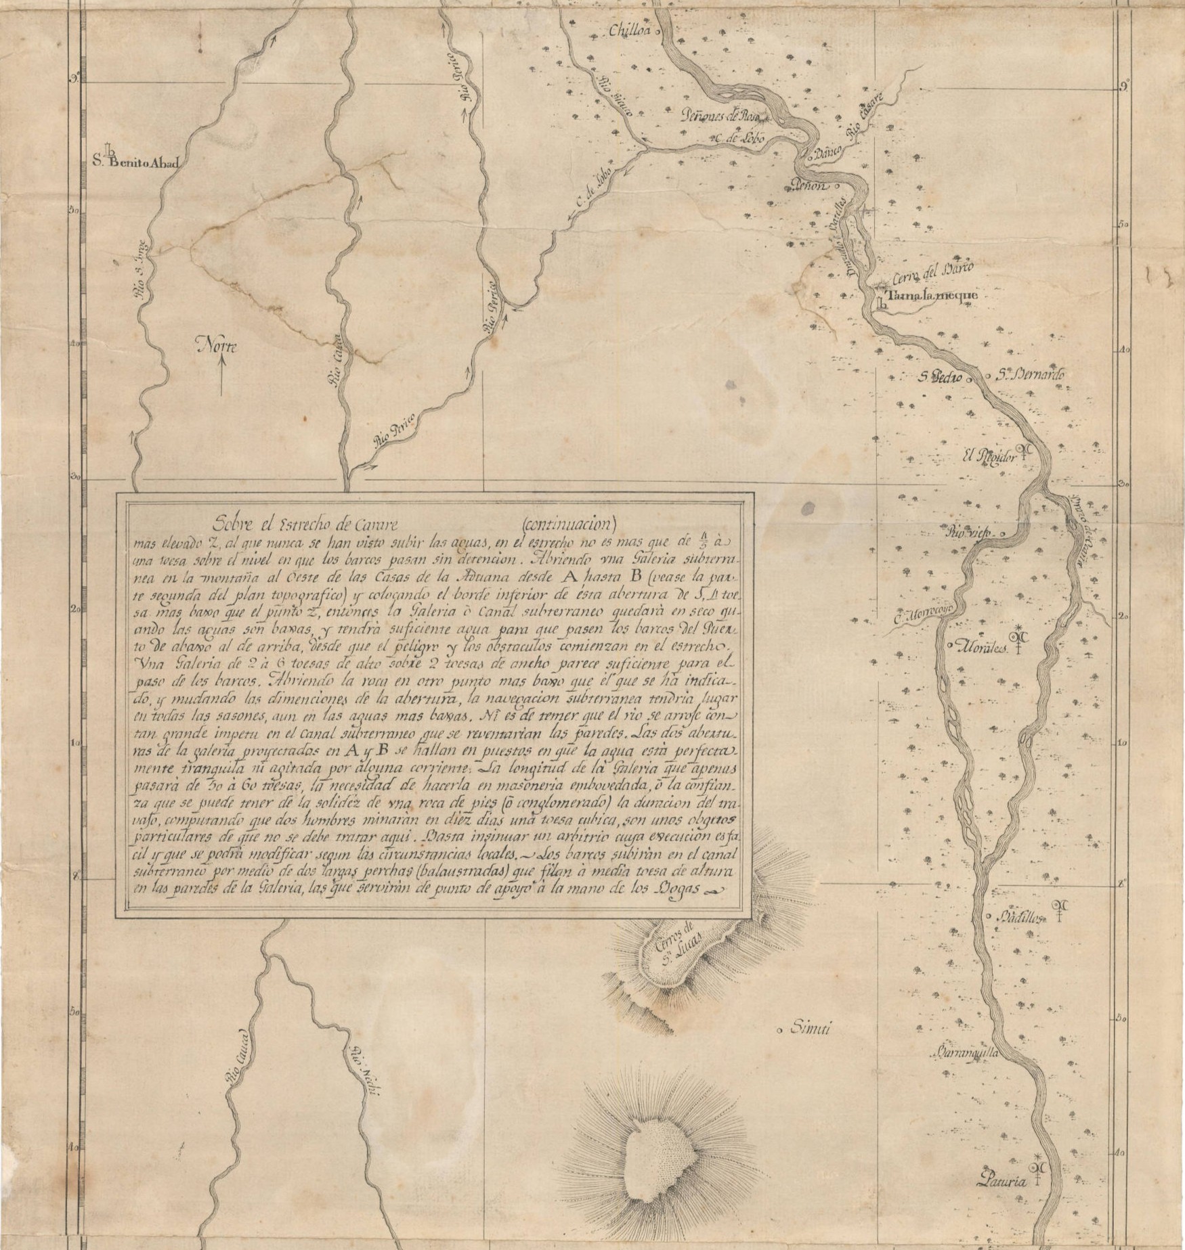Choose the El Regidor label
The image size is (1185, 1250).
tap(992, 457)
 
